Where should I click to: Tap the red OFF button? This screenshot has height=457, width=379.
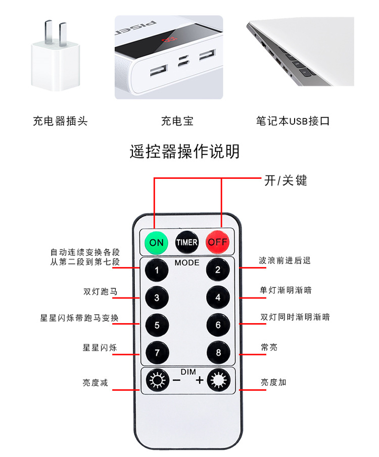[x=218, y=242]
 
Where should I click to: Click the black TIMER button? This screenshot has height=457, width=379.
[x=187, y=242]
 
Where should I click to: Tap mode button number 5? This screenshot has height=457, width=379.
[x=157, y=325]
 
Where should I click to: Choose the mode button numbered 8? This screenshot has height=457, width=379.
[x=218, y=352]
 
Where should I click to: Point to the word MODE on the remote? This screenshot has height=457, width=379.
[x=187, y=263]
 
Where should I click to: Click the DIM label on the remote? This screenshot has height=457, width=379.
[x=188, y=372]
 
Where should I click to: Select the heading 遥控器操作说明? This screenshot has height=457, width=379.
[x=184, y=151]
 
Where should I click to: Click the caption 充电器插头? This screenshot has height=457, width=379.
[x=60, y=121]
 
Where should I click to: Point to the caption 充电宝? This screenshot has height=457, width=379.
[x=177, y=121]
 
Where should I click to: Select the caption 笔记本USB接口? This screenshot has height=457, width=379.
[x=293, y=121]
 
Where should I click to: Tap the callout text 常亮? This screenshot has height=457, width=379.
[x=269, y=347]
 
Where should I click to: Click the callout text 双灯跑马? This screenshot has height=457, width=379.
[x=100, y=291]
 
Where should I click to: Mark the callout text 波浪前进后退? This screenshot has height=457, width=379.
[x=285, y=261]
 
